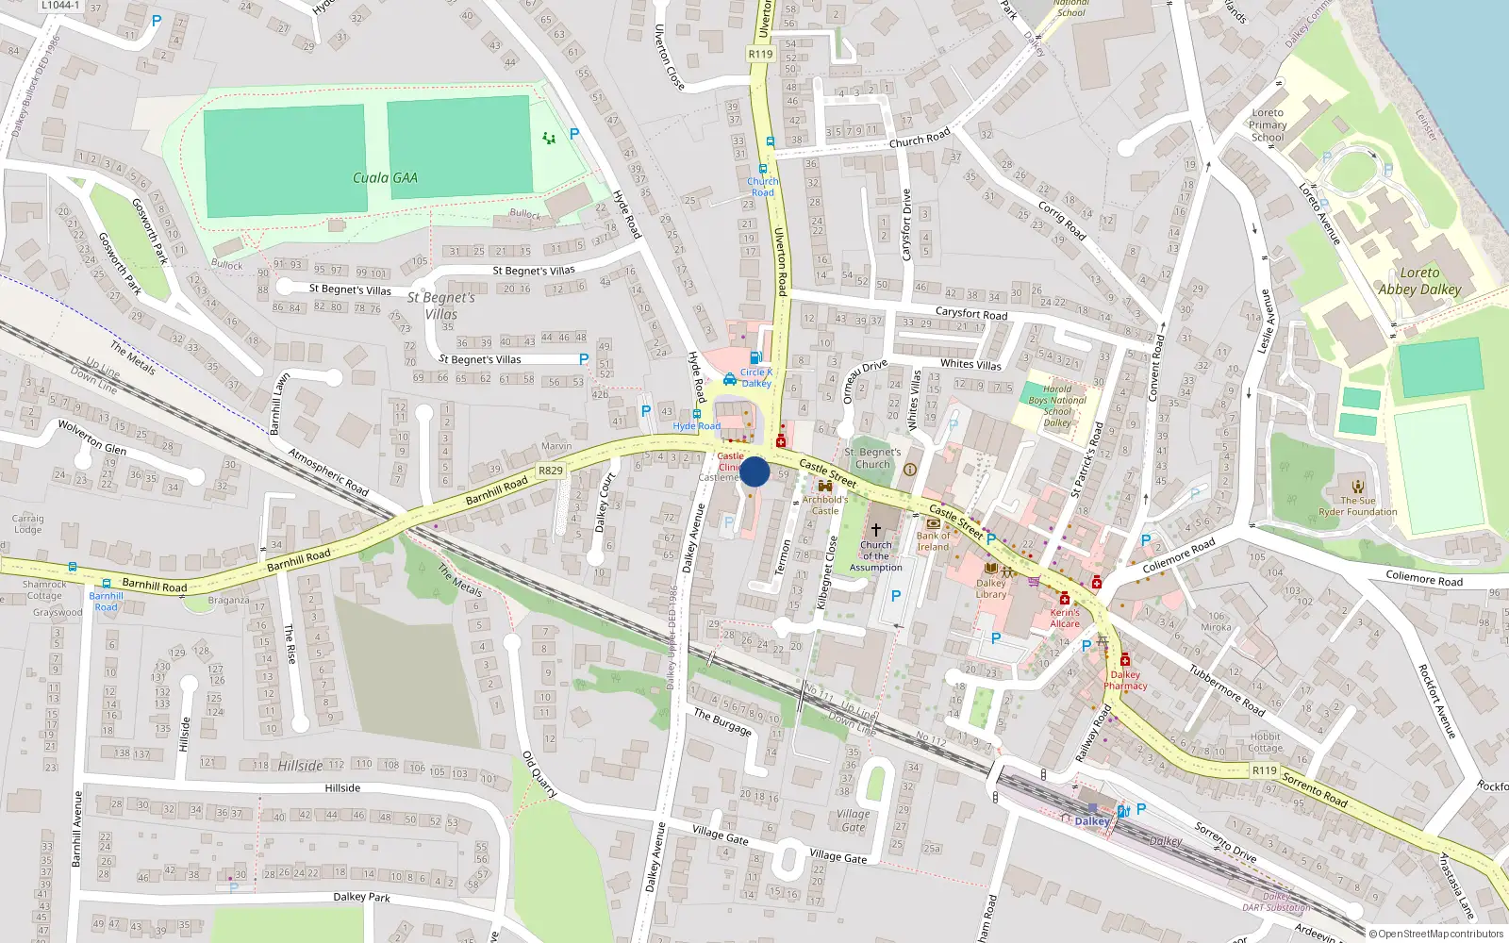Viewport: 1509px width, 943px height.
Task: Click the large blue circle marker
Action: pos(754,471)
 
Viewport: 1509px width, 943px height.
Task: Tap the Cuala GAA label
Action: pos(385,177)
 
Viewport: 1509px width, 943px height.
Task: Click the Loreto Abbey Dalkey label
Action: pos(1419,281)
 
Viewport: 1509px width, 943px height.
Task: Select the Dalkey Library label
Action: pos(990,588)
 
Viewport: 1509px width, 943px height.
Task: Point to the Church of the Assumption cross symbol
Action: pos(875,530)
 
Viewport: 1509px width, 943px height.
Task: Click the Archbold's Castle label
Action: pos(825,505)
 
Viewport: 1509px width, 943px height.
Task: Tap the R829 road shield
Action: pos(550,471)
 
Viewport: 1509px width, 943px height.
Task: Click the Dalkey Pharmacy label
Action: pos(1125,680)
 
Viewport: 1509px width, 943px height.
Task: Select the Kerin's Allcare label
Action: pos(1065,618)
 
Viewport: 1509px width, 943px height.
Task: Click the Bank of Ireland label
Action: pos(933,541)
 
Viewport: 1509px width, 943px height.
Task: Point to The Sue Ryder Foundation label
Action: pos(1358,506)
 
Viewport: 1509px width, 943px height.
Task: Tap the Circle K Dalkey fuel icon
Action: pos(755,357)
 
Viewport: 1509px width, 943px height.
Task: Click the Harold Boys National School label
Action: pos(1057,405)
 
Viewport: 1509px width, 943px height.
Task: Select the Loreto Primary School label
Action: pos(1268,124)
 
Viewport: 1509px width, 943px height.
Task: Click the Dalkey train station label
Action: pos(1092,821)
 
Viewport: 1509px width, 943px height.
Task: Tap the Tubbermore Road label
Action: pos(1226,689)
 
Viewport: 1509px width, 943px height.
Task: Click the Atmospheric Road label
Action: pos(327,471)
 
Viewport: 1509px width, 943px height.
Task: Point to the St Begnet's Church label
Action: pos(872,457)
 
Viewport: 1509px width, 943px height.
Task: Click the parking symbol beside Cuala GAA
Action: pos(574,134)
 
